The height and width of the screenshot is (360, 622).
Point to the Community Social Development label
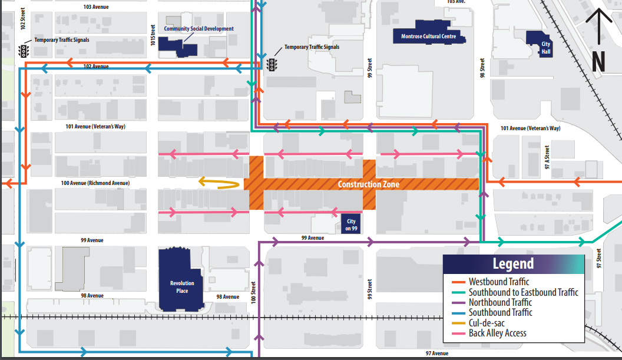click(x=198, y=29)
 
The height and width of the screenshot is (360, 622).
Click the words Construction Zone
click(x=368, y=184)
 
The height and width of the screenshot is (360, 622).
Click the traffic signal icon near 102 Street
click(x=24, y=51)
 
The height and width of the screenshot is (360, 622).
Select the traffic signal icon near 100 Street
click(x=273, y=64)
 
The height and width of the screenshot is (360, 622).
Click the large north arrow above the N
click(x=598, y=27)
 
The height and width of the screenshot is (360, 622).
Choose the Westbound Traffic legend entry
click(x=498, y=282)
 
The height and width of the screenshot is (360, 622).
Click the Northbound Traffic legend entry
click(x=499, y=302)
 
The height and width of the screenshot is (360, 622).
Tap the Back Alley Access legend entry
click(x=497, y=333)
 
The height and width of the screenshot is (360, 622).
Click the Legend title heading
click(x=513, y=264)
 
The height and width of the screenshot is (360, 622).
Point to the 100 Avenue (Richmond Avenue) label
click(x=95, y=183)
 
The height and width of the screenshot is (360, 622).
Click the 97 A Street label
click(x=547, y=158)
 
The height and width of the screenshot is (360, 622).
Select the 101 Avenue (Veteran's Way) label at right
click(x=530, y=128)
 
